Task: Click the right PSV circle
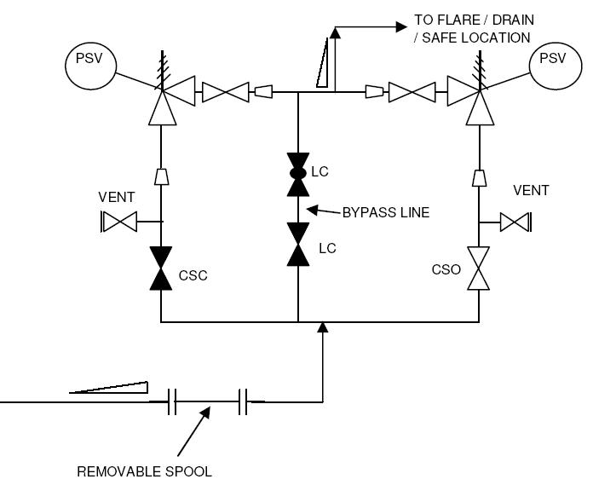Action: click(552, 60)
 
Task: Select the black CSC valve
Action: click(160, 268)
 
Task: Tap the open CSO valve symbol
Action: click(479, 269)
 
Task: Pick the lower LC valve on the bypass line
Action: click(298, 245)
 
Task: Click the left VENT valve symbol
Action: click(119, 223)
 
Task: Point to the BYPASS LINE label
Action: click(385, 212)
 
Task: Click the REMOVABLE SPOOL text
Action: click(144, 471)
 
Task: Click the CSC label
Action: click(193, 275)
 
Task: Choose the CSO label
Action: click(446, 270)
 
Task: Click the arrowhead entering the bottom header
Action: click(322, 328)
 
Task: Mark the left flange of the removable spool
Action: click(171, 401)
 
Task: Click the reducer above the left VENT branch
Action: click(160, 176)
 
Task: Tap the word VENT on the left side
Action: click(116, 198)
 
